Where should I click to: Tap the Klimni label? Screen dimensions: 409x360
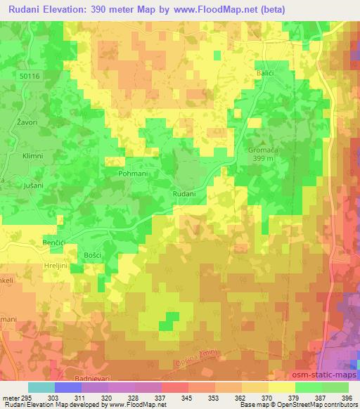(32, 156)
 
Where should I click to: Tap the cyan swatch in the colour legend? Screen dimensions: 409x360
(41, 387)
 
